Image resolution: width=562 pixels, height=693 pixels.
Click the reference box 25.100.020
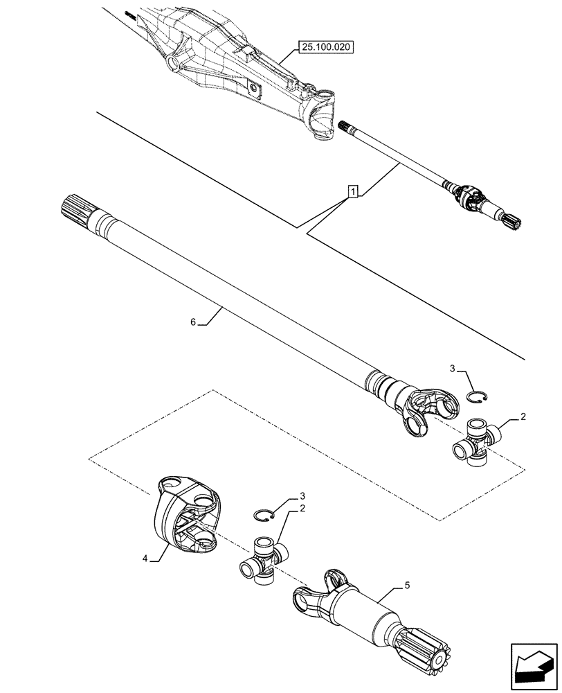[325, 47]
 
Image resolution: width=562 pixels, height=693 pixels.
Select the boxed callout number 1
[353, 190]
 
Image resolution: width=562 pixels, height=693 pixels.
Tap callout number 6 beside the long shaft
[194, 322]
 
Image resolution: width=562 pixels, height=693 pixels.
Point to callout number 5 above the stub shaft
[407, 586]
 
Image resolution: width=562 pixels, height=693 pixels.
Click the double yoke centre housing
[185, 516]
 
